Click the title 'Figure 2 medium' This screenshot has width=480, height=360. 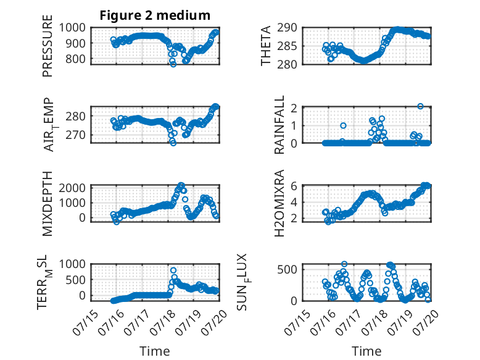pos(155,15)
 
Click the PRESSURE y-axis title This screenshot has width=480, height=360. pos(48,46)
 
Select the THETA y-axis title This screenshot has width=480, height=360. pos(266,46)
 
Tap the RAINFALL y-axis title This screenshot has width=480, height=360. pos(279,125)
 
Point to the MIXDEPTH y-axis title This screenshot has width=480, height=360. pos(48,204)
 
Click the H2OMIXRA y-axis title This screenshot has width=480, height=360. pos(279,203)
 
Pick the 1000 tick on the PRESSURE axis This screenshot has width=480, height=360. pos(72,28)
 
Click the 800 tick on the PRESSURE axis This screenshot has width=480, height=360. pos(75,59)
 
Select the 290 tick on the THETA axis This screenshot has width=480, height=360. pos(287,28)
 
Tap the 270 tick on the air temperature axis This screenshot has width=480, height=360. pos(75,135)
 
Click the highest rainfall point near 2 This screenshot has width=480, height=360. pos(420,106)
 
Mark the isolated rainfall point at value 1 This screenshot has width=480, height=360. pos(343,125)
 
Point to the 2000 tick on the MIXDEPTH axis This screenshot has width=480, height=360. pos(72,188)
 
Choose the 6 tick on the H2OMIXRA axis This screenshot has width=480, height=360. pos(294,186)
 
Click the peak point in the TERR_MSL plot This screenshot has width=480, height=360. pos(173,270)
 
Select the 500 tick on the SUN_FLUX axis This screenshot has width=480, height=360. pos(287,270)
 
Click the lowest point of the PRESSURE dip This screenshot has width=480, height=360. pos(173,64)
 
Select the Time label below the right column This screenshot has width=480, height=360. pos(366,351)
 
